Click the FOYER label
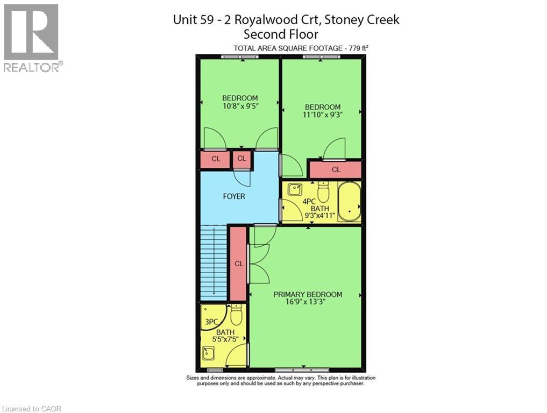click(233, 196)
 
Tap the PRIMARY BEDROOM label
click(308, 294)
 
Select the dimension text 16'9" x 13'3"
click(308, 302)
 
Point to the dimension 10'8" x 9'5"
click(240, 106)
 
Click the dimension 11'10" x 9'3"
click(322, 115)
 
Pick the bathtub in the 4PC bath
click(350, 202)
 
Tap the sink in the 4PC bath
click(294, 189)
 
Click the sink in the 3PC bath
click(208, 353)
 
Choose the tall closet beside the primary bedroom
click(238, 264)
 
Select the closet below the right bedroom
click(336, 169)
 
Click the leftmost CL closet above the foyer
click(215, 159)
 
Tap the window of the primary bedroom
click(295, 370)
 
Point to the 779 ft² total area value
click(357, 48)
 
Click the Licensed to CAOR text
click(31, 409)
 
